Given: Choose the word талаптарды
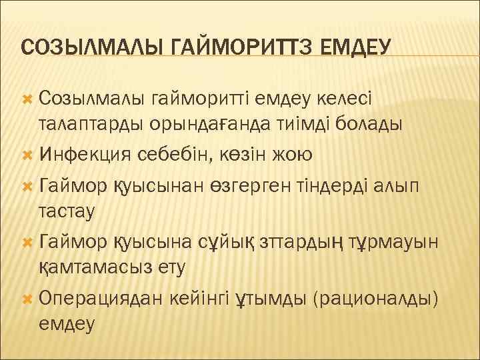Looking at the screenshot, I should [x=99, y=125].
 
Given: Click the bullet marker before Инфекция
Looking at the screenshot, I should [x=28, y=155].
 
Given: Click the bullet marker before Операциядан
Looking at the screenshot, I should [x=28, y=299].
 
